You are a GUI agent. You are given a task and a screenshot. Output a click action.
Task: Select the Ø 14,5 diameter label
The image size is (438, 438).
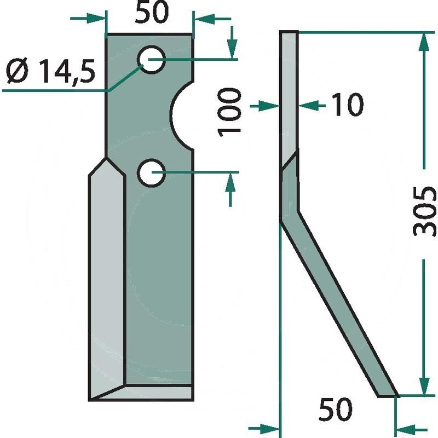(50, 71)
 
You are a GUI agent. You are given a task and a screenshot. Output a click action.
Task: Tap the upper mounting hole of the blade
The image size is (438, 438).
(151, 59)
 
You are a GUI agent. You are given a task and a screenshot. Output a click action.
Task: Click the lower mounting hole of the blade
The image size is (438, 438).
(151, 173)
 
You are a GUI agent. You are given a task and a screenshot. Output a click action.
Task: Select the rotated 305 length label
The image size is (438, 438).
(425, 211)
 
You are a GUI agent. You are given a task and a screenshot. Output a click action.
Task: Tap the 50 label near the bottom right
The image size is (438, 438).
(336, 408)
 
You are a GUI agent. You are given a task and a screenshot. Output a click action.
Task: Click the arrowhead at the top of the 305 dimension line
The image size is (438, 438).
(423, 42)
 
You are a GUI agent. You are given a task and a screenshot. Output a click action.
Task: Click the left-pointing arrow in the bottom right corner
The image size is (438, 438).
(406, 427)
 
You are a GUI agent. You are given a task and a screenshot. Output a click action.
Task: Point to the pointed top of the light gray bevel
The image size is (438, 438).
(106, 159)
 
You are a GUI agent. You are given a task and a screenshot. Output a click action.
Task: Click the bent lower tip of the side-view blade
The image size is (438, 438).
(387, 394)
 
